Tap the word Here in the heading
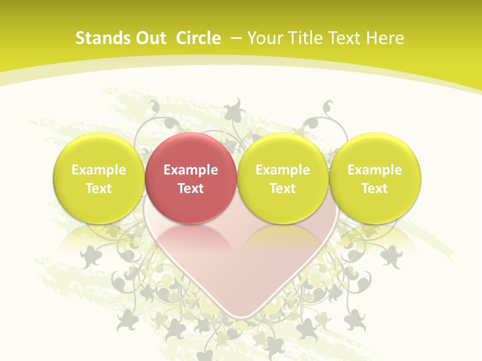(x=385, y=38)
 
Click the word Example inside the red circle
(x=191, y=170)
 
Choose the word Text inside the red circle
(x=191, y=189)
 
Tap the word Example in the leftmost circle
(x=99, y=170)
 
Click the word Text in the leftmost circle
(x=99, y=189)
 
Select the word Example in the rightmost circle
(x=375, y=170)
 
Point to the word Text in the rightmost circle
(x=375, y=189)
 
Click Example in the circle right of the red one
(x=283, y=170)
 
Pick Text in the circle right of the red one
(x=283, y=189)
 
